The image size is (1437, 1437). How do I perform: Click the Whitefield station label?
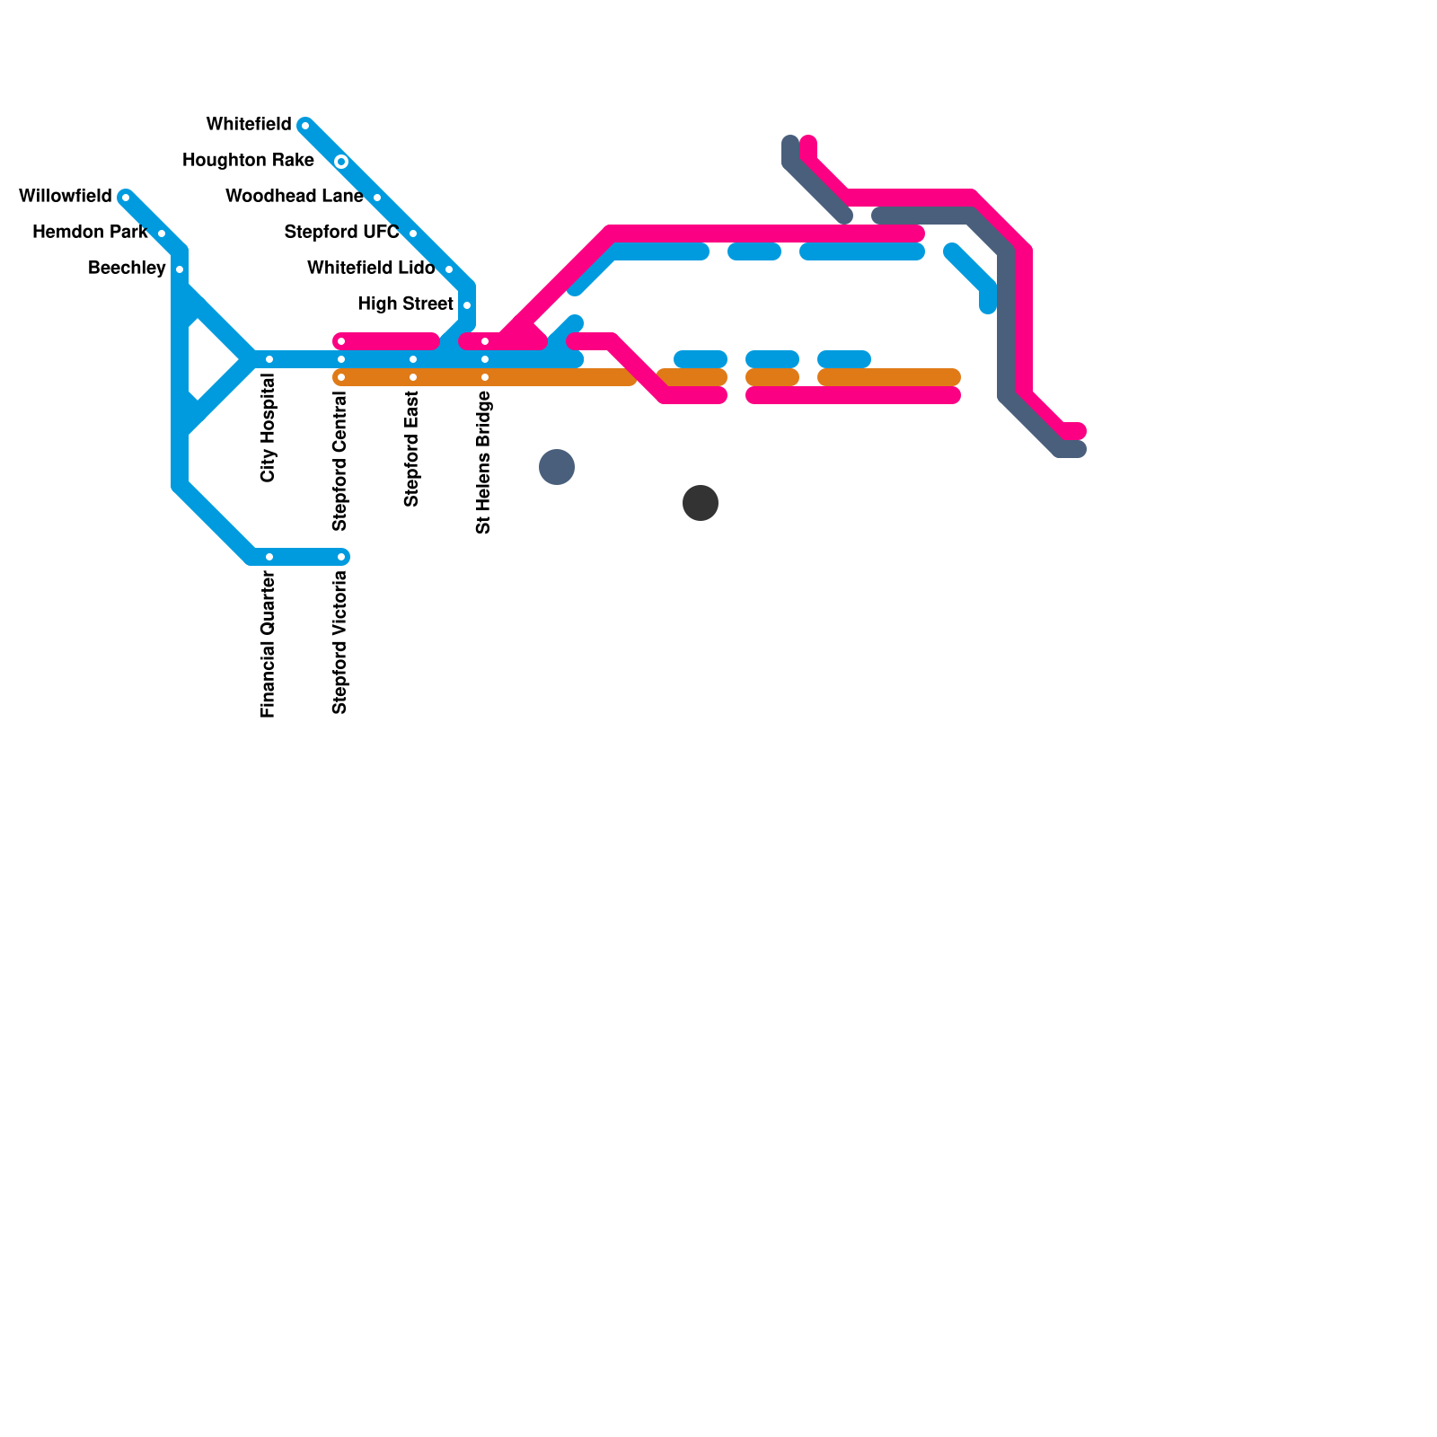(249, 124)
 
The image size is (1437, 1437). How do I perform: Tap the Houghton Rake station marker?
(341, 162)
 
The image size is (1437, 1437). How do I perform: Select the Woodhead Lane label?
(294, 196)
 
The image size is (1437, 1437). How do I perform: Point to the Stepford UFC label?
(341, 232)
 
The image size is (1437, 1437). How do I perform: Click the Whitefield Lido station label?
(371, 268)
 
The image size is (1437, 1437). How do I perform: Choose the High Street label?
(405, 304)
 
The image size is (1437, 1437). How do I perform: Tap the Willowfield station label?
(65, 196)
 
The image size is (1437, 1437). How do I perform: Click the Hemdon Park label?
(90, 232)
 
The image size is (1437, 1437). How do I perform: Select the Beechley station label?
(127, 268)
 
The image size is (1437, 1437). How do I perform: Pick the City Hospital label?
(269, 428)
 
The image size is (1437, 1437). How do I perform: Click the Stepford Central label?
(339, 461)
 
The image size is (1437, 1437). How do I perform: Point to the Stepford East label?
(412, 449)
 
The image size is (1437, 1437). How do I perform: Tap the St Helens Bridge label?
(484, 463)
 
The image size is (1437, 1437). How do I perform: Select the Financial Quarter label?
(269, 644)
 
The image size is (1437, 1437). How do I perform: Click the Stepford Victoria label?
(339, 642)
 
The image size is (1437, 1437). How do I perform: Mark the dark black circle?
(701, 503)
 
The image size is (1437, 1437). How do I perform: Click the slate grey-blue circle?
(557, 467)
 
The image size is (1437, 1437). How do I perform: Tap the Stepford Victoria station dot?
(341, 557)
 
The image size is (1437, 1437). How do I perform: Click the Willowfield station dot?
(126, 198)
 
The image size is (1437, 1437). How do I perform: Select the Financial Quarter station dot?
(269, 557)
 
